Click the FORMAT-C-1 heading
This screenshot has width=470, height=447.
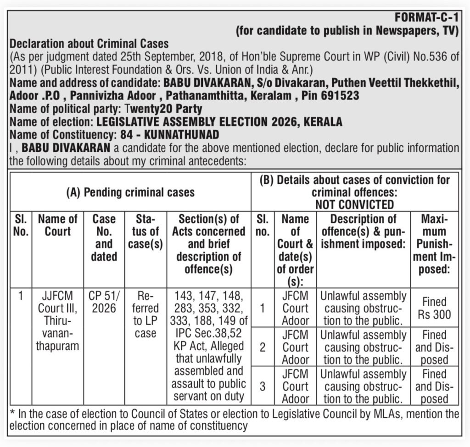pos(427,19)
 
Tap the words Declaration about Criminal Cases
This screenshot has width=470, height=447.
pos(89,44)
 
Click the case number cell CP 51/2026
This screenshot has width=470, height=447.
pos(104,301)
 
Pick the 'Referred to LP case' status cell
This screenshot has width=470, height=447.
pos(145,314)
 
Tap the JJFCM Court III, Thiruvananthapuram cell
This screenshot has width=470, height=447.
pos(57,320)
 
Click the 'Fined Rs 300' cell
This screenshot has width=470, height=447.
pos(434,308)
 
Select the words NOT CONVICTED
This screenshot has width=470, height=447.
pos(354,204)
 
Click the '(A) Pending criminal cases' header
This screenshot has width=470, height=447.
pos(130,192)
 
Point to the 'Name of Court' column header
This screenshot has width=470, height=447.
pos(57,225)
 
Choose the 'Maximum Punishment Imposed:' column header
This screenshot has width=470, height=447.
pos(434,244)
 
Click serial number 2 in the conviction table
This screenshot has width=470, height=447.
pos(262,347)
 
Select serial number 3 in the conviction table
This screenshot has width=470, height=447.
pos(262,386)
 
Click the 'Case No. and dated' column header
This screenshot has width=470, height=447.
pos(104,237)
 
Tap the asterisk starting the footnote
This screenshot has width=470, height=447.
pos(12,414)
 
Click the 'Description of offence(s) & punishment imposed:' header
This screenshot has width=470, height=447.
pos(363,232)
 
